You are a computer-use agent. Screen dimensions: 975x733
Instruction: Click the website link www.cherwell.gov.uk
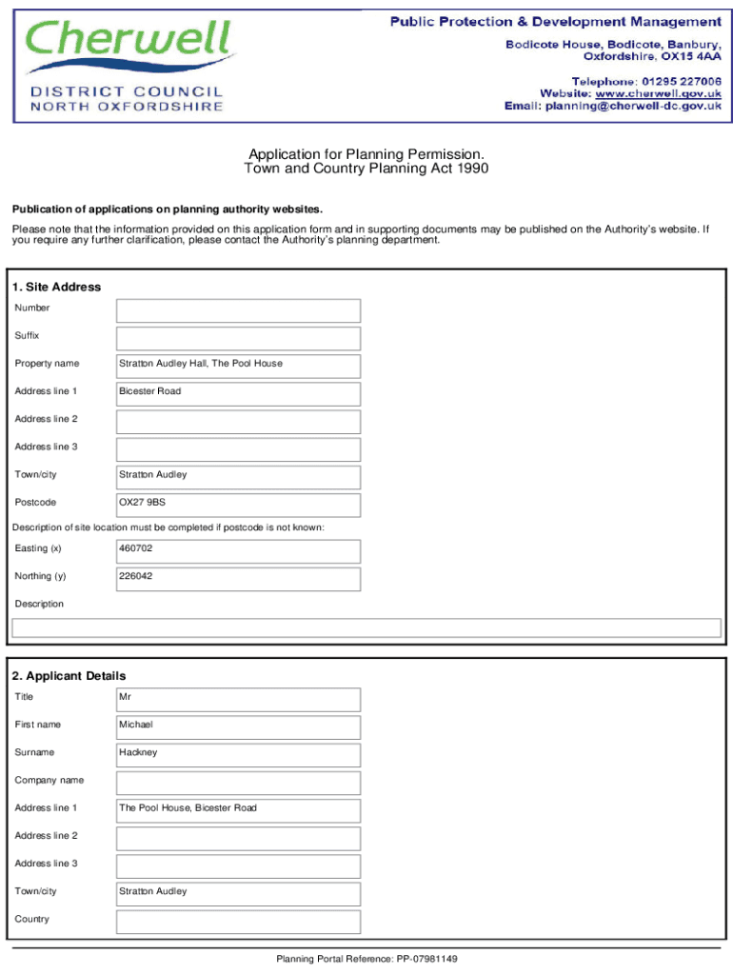coord(658,93)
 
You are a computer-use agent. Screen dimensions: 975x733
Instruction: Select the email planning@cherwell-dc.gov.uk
coord(631,107)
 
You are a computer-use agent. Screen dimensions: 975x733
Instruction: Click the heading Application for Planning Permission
coord(366,154)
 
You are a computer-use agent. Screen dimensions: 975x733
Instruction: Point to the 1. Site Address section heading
coord(56,287)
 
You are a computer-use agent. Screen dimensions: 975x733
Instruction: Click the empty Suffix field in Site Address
coord(238,338)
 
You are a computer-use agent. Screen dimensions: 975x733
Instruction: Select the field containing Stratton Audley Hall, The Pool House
coord(238,366)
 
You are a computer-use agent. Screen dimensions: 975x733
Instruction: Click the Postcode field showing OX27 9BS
coord(238,505)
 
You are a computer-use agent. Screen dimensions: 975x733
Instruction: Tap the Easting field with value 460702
coord(238,550)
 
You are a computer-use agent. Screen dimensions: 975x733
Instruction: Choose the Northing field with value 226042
coord(238,578)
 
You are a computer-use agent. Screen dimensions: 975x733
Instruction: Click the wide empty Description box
coord(366,627)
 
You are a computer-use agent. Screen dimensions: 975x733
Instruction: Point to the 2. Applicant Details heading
coord(69,676)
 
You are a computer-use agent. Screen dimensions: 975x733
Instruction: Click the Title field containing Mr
coord(238,699)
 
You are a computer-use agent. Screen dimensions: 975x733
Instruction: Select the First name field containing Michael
coord(238,726)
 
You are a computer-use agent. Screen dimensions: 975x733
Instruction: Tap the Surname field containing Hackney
coord(238,754)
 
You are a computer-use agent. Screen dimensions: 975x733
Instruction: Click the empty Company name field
coord(238,783)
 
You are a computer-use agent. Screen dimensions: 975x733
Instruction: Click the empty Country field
coord(238,921)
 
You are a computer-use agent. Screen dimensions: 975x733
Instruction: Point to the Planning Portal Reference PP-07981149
coord(366,959)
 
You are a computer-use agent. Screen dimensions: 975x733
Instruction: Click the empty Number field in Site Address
coord(238,310)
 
